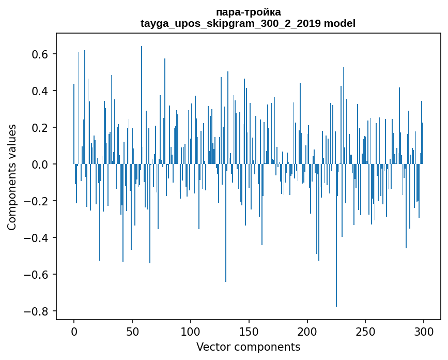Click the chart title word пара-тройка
[248, 12]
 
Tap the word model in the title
[339, 23]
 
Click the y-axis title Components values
[12, 177]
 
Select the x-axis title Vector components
[248, 347]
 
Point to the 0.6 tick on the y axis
[41, 54]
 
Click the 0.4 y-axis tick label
[41, 91]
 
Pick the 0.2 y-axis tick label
[41, 128]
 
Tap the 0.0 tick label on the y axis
[41, 164]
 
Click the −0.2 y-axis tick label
[38, 201]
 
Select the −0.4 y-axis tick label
[38, 238]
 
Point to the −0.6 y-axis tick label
[38, 275]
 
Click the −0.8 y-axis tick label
[38, 311]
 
